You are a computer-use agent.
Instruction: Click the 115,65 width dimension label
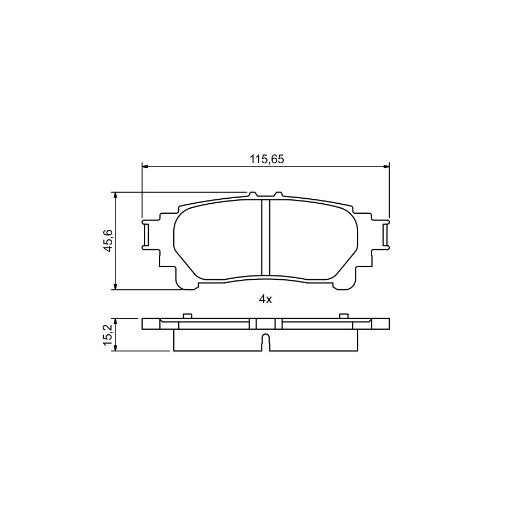(266, 159)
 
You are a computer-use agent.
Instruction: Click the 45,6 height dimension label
(108, 240)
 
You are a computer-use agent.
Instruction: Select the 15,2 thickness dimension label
(108, 335)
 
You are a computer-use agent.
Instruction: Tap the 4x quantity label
(265, 300)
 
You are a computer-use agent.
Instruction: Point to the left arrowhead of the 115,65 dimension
(145, 167)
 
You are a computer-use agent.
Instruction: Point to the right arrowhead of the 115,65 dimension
(386, 167)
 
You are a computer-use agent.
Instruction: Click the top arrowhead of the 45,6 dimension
(114, 195)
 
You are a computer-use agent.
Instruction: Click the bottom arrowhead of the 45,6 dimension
(114, 286)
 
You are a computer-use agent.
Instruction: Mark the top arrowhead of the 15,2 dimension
(114, 321)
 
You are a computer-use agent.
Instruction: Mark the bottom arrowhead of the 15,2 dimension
(114, 348)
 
